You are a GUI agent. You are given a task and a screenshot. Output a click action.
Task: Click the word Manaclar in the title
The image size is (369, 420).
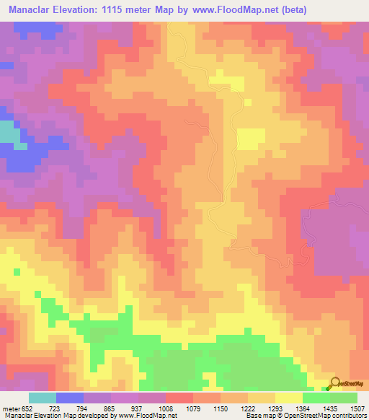pyautogui.click(x=33, y=9)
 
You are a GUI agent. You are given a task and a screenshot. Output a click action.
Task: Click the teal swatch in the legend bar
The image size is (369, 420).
pyautogui.click(x=43, y=398)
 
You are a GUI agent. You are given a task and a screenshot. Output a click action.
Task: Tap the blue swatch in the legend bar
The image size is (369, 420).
pyautogui.click(x=70, y=398)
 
